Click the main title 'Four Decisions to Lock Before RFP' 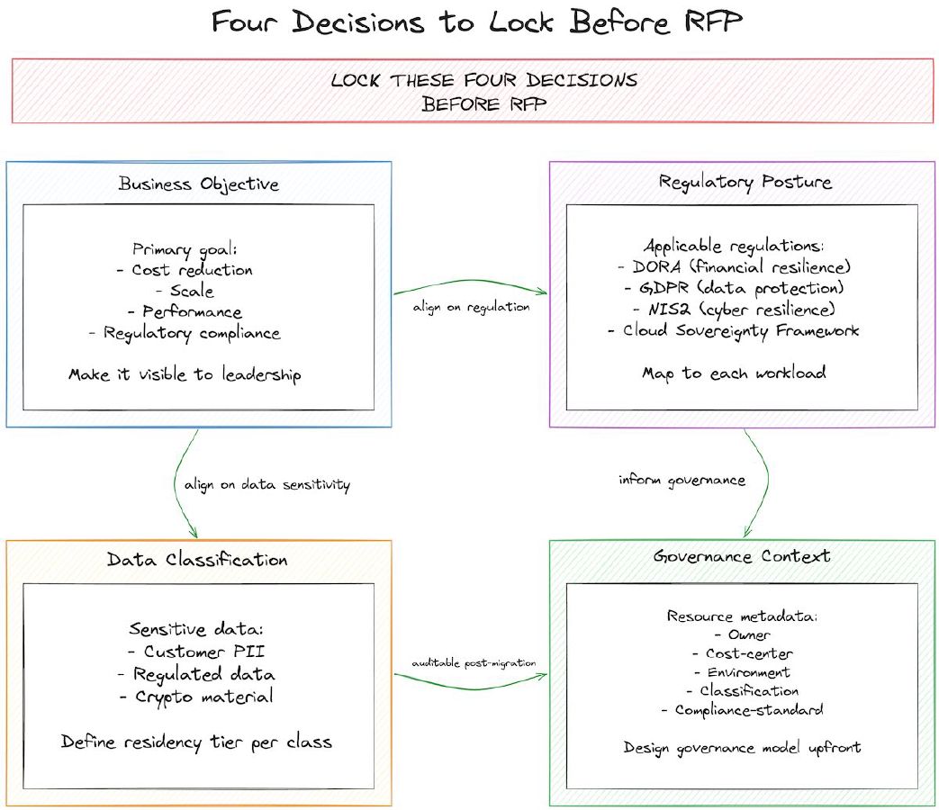[476, 22]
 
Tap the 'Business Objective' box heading [198, 184]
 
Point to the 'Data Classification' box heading [198, 560]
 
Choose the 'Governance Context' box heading [742, 556]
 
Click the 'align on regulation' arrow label [472, 307]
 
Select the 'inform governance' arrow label [682, 480]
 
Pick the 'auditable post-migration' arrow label [474, 662]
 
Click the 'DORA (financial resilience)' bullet [742, 266]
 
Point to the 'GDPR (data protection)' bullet [742, 288]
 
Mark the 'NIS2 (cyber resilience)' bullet [742, 310]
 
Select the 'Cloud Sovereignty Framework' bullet [742, 330]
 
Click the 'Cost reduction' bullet [192, 270]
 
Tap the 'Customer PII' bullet [196, 652]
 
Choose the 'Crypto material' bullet [196, 697]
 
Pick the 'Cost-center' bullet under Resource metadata [742, 653]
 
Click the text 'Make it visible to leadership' [185, 375]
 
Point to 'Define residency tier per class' [196, 742]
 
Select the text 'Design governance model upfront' [742, 748]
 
